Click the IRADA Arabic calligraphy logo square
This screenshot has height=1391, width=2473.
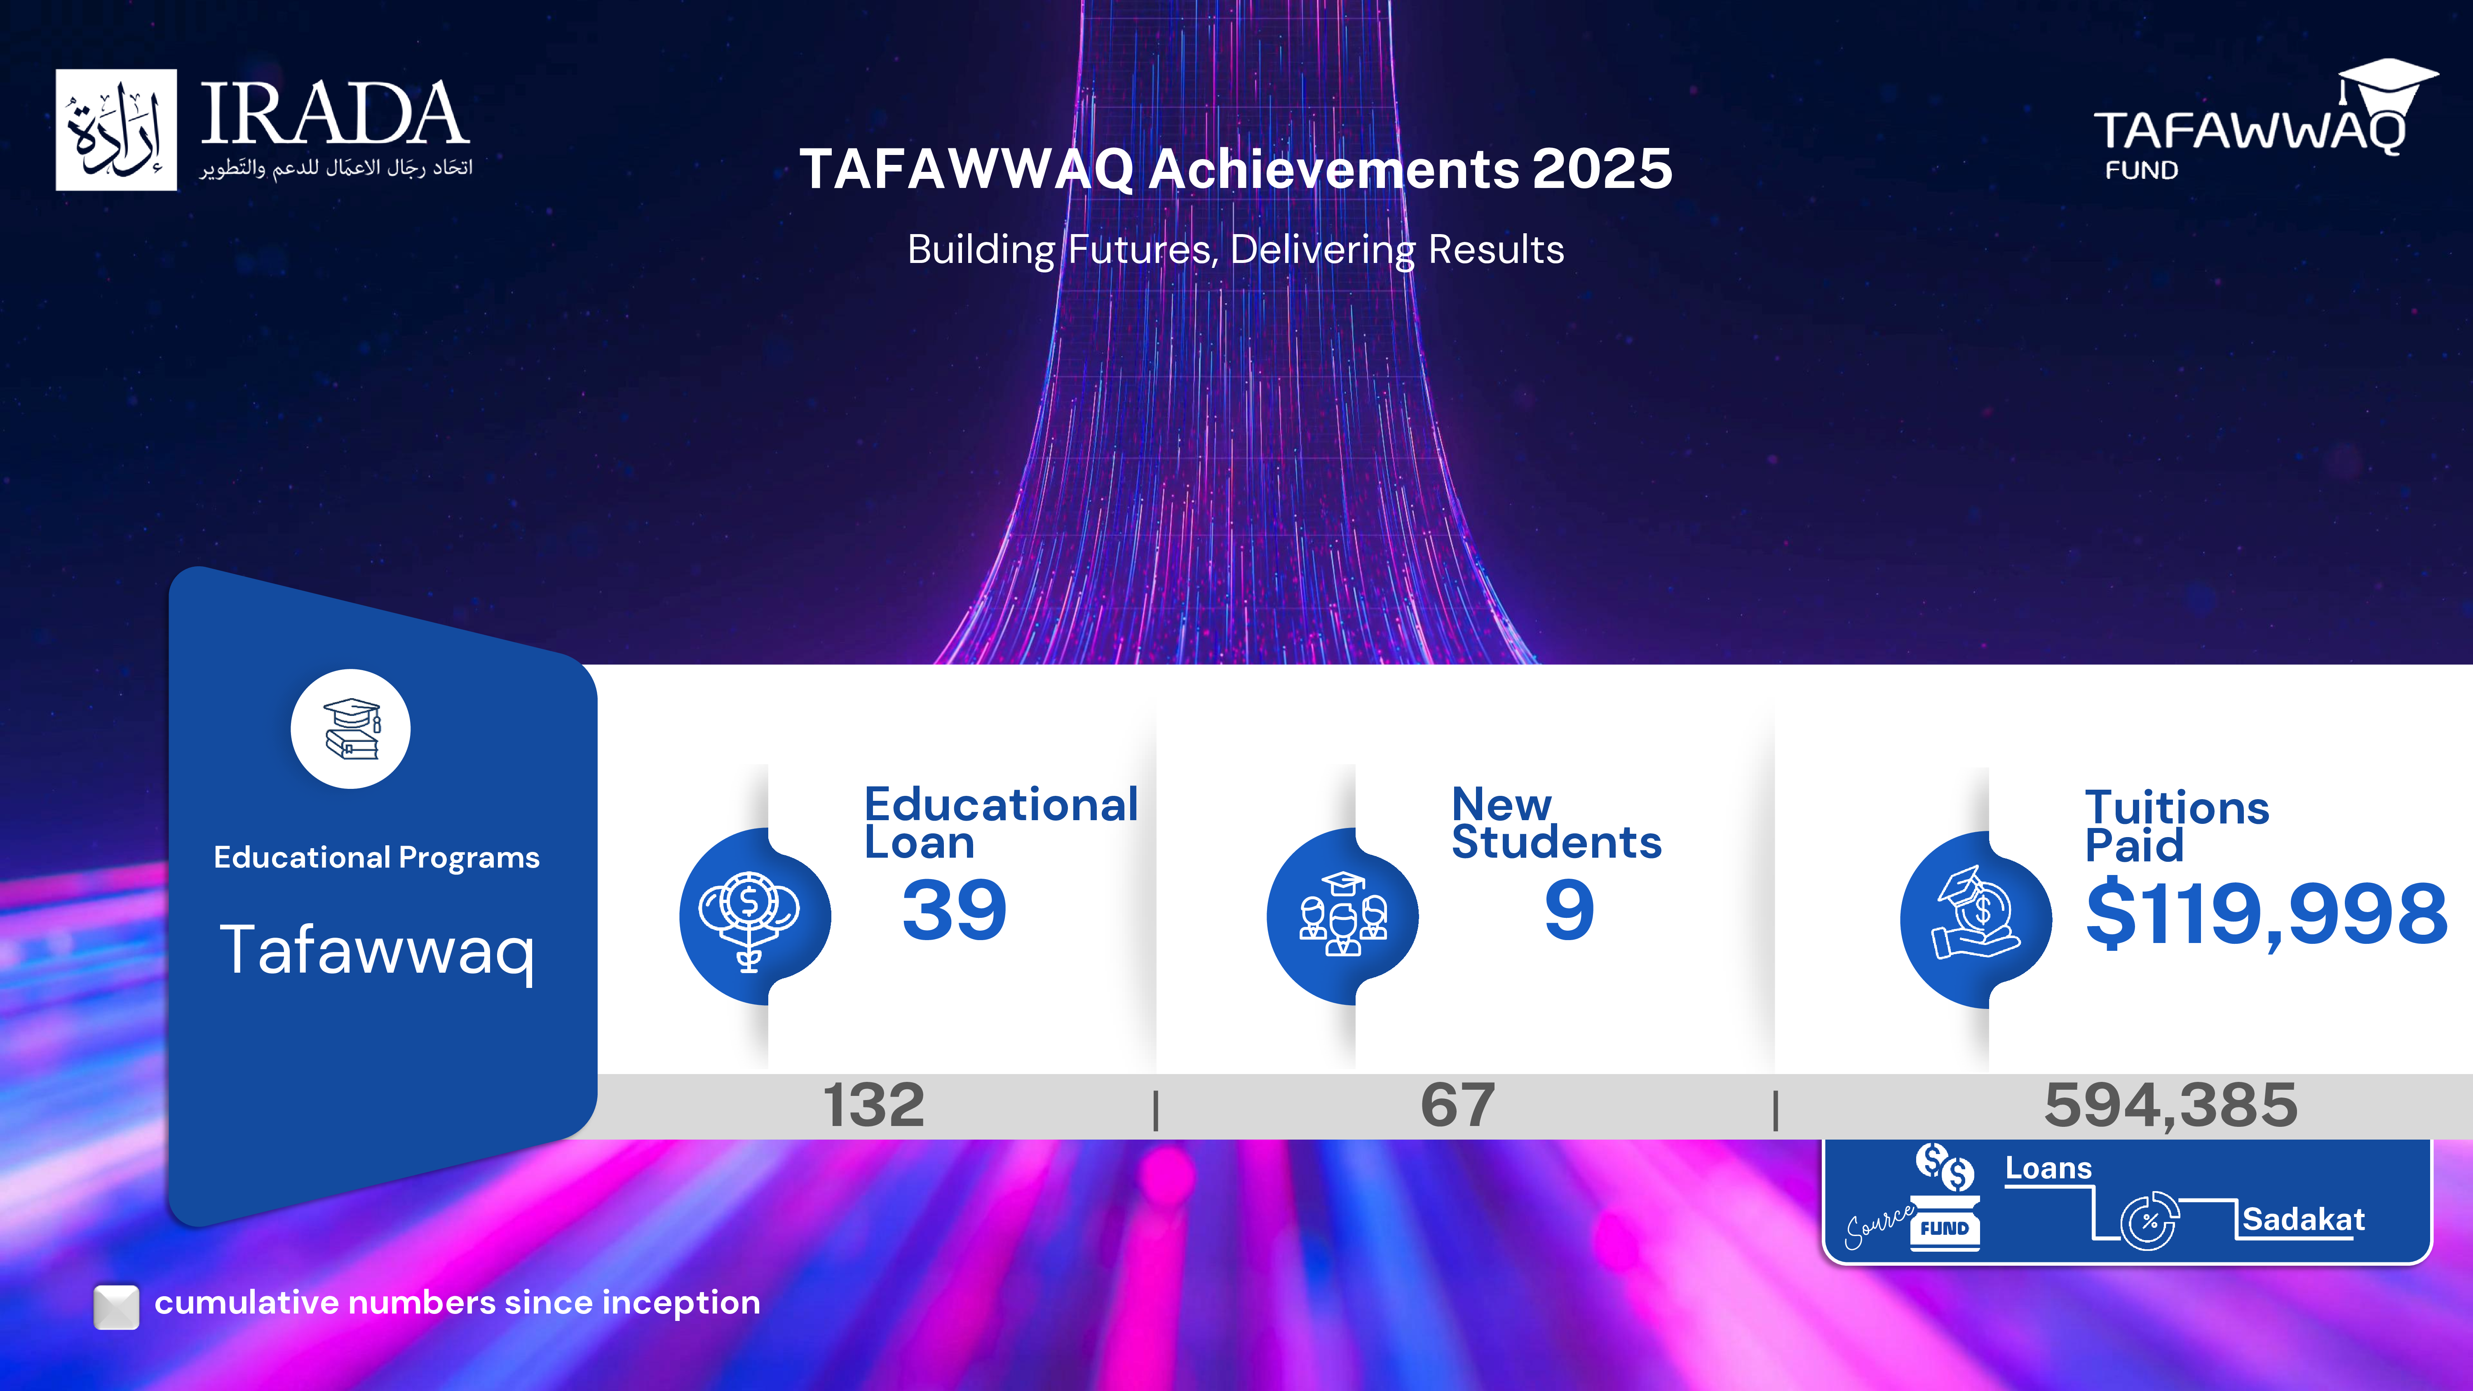(x=116, y=129)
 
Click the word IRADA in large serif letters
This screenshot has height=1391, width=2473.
(x=334, y=113)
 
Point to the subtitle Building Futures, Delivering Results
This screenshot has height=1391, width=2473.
(x=1236, y=250)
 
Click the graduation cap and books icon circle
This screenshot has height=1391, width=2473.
(x=350, y=729)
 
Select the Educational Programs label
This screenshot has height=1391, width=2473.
(x=376, y=857)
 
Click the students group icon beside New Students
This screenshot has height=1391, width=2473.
(x=1342, y=917)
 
